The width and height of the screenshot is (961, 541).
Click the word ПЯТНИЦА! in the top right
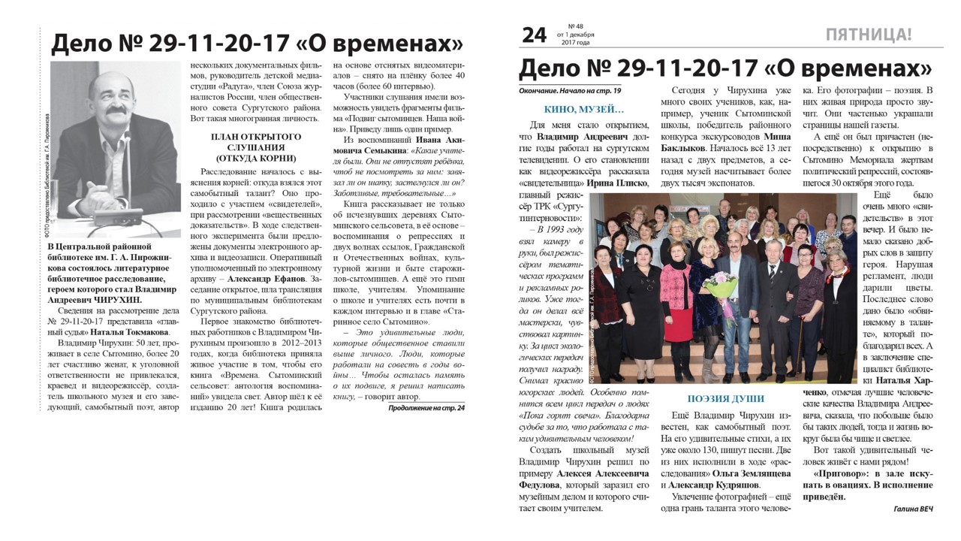pos(868,35)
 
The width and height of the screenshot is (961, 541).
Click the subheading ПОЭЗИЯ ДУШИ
pos(725,399)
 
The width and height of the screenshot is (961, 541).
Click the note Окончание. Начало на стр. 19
pos(571,91)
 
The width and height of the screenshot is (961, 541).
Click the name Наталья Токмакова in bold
pos(131,331)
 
